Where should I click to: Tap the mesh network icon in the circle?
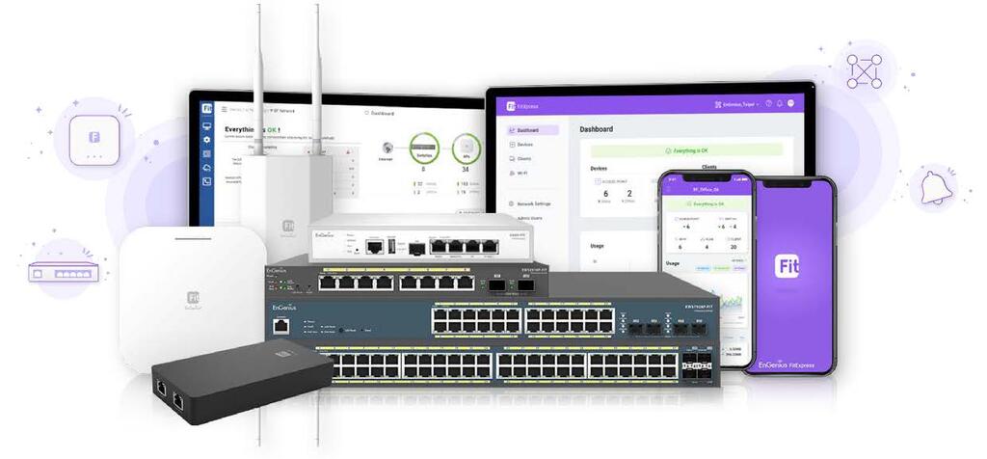tap(864, 71)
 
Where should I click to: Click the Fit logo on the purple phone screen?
tap(787, 266)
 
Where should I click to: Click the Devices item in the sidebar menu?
tap(525, 144)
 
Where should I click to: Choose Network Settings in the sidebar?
tap(533, 203)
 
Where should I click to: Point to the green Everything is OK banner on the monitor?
tap(686, 149)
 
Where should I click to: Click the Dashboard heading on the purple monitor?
tap(596, 129)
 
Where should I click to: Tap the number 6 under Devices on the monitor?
tap(605, 193)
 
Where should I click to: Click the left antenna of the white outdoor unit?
tap(259, 77)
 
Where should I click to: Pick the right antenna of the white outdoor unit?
tap(316, 77)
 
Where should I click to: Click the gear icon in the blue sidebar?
tap(206, 138)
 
